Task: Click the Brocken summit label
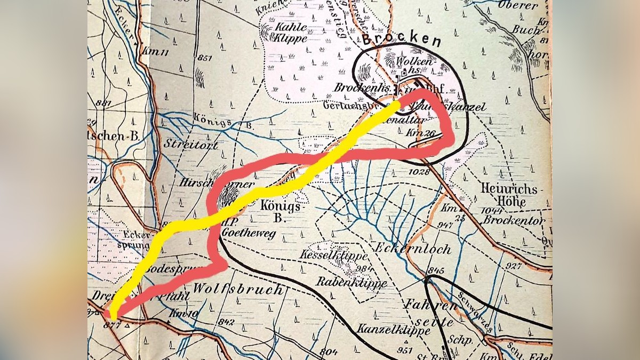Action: pos(401,41)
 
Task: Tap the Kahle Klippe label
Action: pos(291,33)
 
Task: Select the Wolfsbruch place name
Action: pos(238,290)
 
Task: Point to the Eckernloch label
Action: pos(421,249)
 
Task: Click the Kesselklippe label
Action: pos(329,255)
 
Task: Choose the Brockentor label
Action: pos(515,220)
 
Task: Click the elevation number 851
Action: pos(204,58)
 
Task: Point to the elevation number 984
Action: pos(364,268)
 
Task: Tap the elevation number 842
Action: pos(227,321)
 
